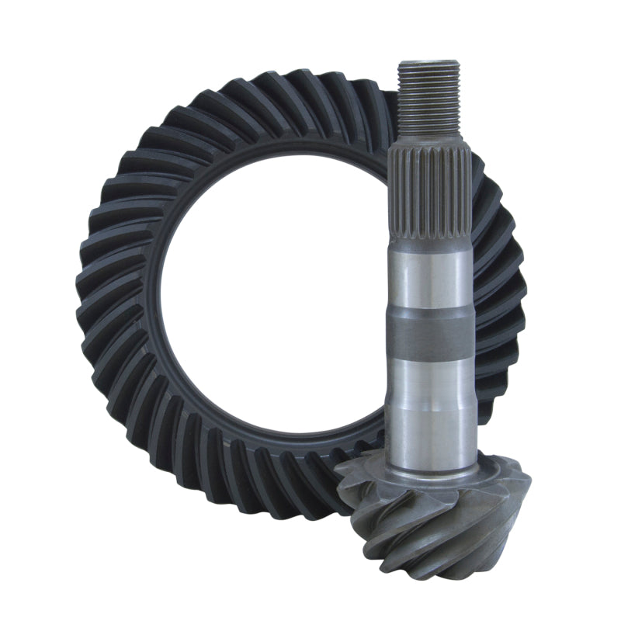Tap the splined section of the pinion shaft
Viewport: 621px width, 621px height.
429,194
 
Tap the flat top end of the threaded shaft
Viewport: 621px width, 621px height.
427,62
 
